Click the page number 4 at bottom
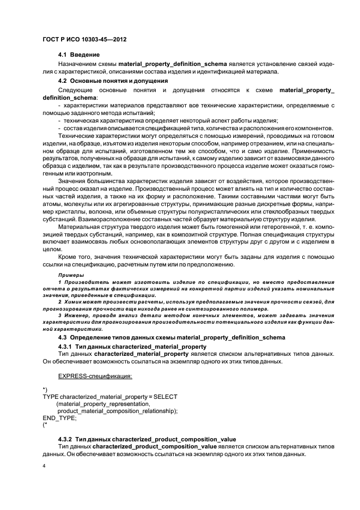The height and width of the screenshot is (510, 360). click(x=44, y=466)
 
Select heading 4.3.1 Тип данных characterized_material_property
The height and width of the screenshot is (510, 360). click(x=132, y=346)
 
